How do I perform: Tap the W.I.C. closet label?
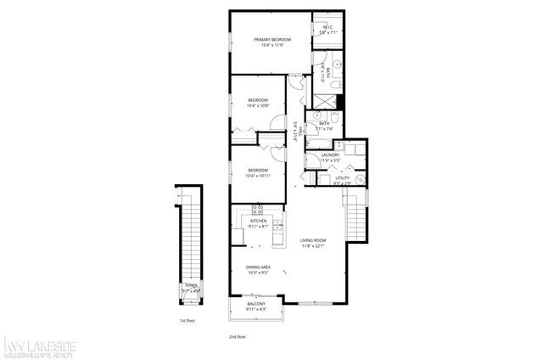(x=327, y=28)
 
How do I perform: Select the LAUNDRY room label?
(x=330, y=155)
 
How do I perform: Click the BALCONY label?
(x=256, y=304)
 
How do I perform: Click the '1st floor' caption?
(x=188, y=322)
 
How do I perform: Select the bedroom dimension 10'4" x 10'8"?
(x=258, y=106)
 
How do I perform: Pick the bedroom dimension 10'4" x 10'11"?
(x=258, y=175)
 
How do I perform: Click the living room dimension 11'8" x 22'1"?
(x=313, y=246)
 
